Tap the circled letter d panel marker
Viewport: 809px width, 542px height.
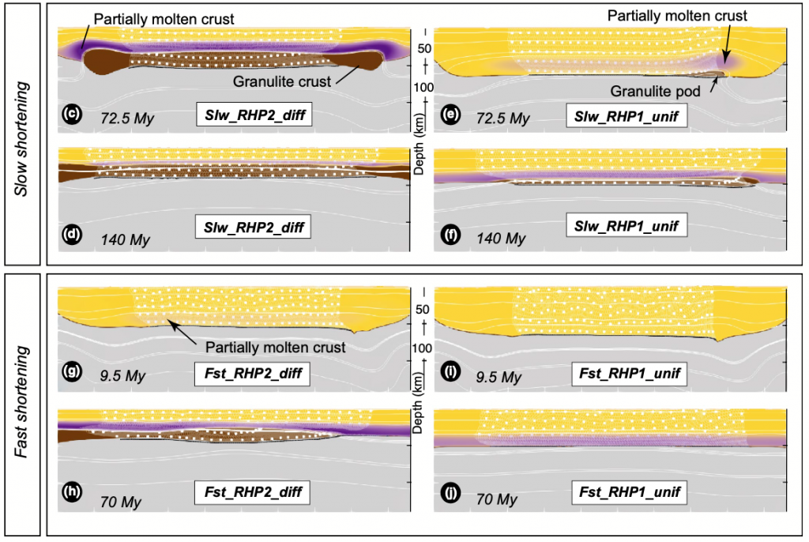tap(72, 235)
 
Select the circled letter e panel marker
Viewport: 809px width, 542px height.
tap(450, 114)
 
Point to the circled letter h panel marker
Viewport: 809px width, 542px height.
tap(72, 492)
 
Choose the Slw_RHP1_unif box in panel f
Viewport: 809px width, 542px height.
tap(627, 226)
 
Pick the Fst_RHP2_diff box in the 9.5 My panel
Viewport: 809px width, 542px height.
tap(252, 374)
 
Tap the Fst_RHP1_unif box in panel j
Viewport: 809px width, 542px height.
tap(630, 492)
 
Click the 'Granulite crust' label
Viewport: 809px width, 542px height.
tap(282, 81)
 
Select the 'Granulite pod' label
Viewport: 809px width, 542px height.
tap(655, 92)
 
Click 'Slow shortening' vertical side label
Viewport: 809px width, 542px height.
tap(21, 139)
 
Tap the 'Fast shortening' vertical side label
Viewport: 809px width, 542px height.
tap(21, 401)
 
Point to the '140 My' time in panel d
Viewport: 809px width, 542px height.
tap(125, 240)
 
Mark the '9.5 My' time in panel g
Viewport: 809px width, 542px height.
tap(122, 375)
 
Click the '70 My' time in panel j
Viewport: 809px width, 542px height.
tap(496, 499)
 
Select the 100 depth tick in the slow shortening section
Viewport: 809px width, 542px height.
tap(423, 87)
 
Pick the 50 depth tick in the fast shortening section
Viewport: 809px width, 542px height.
tap(422, 309)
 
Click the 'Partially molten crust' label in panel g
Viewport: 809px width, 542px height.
tap(275, 348)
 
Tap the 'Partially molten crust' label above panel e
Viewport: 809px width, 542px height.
tap(677, 16)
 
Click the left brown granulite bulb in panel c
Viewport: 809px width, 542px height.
tap(106, 61)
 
